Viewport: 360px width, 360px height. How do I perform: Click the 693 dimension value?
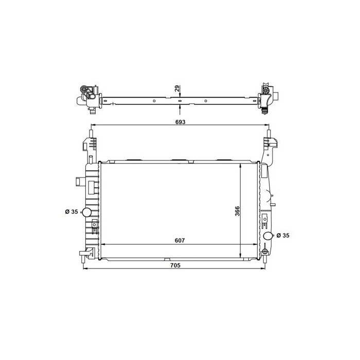(179, 122)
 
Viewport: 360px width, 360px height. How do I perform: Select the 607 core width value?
(179, 240)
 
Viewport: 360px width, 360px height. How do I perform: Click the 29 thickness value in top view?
(177, 89)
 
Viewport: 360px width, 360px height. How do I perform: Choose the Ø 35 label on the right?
(283, 236)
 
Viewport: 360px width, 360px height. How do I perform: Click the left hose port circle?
(87, 212)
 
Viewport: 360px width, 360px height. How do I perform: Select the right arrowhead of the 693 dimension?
(265, 127)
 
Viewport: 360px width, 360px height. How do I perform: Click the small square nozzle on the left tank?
(78, 182)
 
